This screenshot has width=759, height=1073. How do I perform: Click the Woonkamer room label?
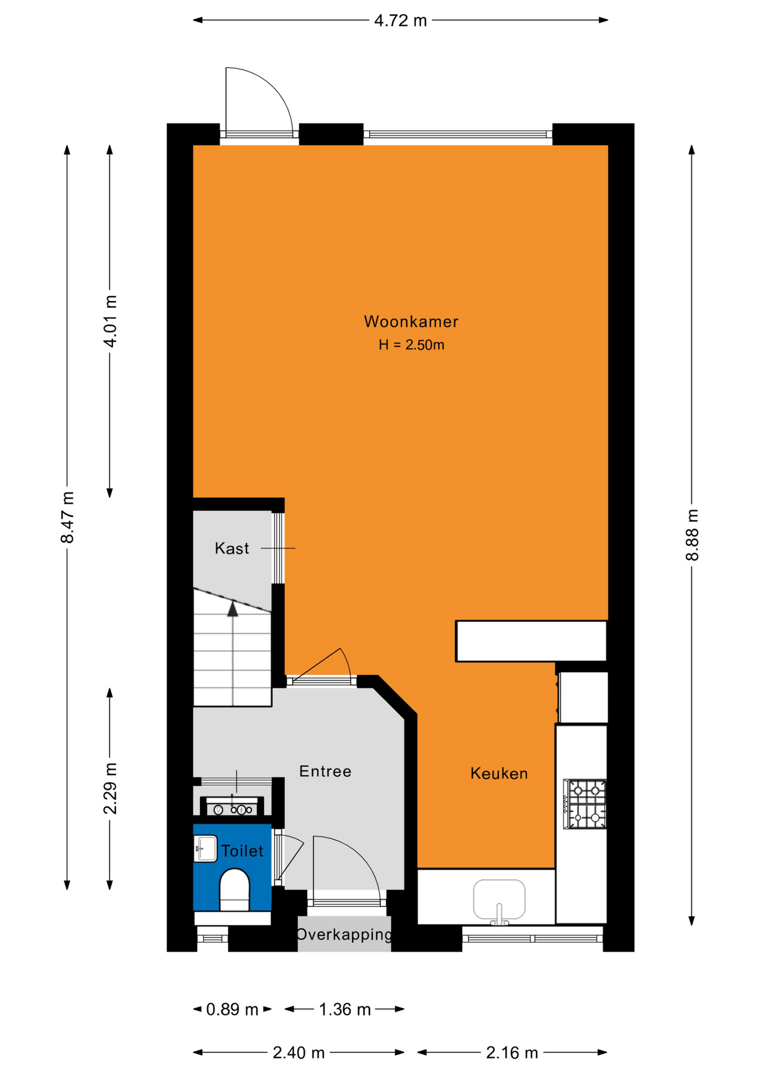pyautogui.click(x=411, y=321)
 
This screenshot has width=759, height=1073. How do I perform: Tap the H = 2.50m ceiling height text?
pyautogui.click(x=411, y=345)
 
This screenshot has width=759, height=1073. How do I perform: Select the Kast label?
pyautogui.click(x=232, y=548)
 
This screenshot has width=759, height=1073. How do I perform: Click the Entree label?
pyautogui.click(x=325, y=771)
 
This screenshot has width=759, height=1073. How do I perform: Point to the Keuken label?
pyautogui.click(x=499, y=773)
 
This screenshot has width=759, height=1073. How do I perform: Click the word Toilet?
pyautogui.click(x=242, y=851)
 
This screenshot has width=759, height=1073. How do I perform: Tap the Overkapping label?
pyautogui.click(x=344, y=934)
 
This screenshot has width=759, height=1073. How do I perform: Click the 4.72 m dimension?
pyautogui.click(x=400, y=21)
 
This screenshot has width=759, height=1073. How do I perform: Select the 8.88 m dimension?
pyautogui.click(x=692, y=535)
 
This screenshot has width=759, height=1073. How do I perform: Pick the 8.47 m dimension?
pyautogui.click(x=67, y=517)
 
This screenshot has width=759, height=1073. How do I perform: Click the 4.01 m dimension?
pyautogui.click(x=110, y=321)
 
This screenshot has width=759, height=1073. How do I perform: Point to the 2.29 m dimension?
pyautogui.click(x=110, y=789)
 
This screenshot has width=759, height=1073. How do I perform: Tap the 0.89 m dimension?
pyautogui.click(x=232, y=1009)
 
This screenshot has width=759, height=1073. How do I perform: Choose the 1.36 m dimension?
pyautogui.click(x=345, y=1009)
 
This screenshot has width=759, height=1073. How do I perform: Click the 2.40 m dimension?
pyautogui.click(x=298, y=1053)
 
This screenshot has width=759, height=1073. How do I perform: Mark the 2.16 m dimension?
pyautogui.click(x=512, y=1053)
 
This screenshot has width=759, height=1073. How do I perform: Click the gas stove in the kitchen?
pyautogui.click(x=585, y=804)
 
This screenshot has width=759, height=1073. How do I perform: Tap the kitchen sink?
pyautogui.click(x=499, y=900)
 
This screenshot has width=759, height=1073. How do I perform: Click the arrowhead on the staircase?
pyautogui.click(x=233, y=609)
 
